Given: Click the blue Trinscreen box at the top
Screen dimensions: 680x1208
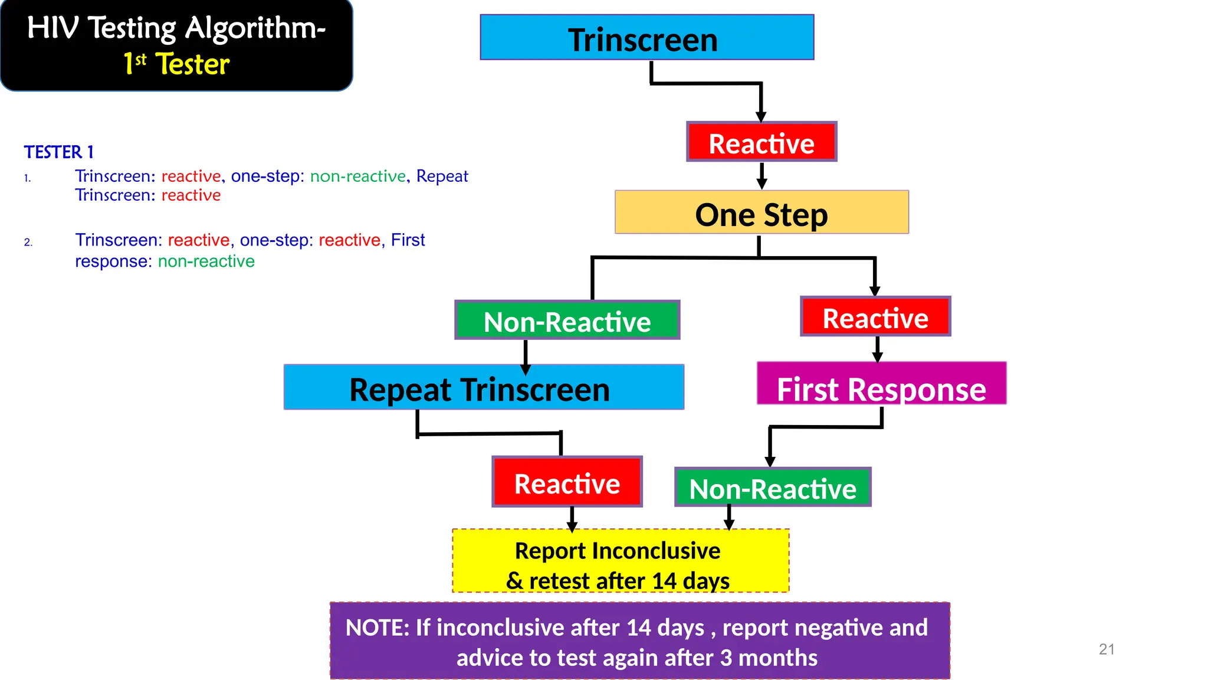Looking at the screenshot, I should [x=646, y=38].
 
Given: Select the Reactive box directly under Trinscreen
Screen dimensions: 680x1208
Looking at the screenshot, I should [x=761, y=142].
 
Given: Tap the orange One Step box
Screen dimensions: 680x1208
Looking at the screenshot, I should [x=761, y=212].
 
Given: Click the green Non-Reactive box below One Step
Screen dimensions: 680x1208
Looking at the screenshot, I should [x=567, y=321].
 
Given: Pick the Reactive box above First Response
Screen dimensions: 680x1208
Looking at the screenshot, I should [x=875, y=317].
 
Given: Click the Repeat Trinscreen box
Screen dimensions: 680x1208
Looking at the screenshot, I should [x=483, y=388].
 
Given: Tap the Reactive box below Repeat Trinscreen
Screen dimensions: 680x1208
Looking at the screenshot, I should [x=567, y=482].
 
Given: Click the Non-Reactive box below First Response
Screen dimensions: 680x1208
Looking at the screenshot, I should [x=773, y=488].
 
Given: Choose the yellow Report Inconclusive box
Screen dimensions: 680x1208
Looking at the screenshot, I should [x=620, y=561].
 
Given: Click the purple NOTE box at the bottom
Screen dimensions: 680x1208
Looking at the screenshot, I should [x=639, y=641].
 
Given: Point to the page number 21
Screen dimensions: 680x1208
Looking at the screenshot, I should [x=1107, y=649].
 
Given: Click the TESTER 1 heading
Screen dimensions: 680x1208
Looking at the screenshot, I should [x=59, y=152].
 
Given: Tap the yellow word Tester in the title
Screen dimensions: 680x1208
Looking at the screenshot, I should [x=192, y=64].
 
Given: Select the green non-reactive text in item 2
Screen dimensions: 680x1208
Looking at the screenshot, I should [x=206, y=261].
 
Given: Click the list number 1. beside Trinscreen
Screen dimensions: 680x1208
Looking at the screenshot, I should [x=27, y=178].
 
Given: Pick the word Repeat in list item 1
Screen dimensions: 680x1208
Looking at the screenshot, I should [x=442, y=176].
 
